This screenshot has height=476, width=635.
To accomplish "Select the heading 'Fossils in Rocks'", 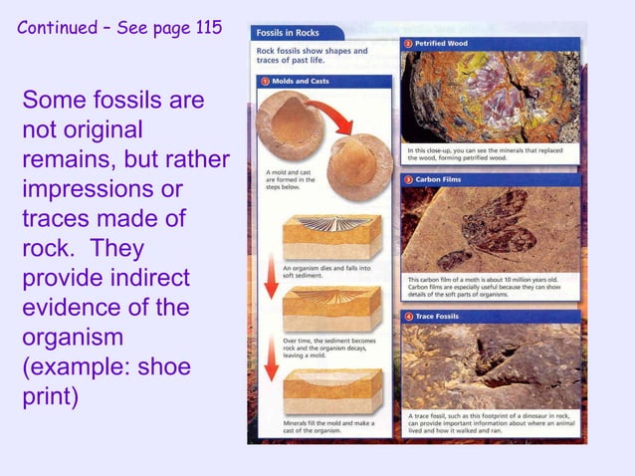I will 289,33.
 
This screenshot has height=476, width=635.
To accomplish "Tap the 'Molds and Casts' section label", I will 301,81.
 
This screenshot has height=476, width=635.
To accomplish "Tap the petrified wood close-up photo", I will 490,97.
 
